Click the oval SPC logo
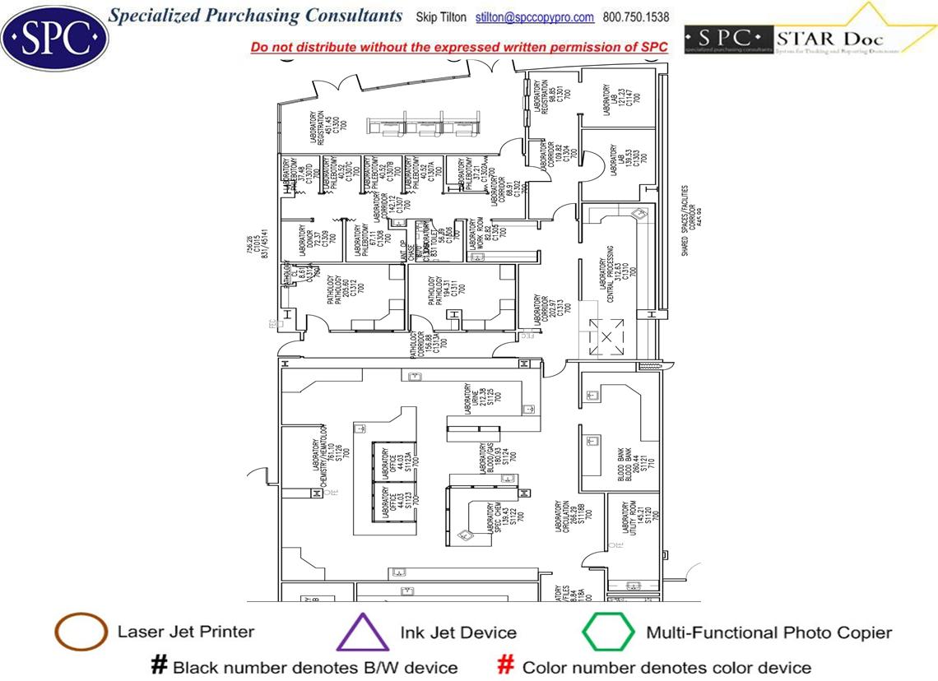[54, 35]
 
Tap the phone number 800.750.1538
[636, 17]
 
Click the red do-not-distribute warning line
[459, 47]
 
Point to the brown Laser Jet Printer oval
[81, 632]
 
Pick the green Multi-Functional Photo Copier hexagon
[608, 632]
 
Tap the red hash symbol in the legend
[507, 665]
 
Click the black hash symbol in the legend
[159, 665]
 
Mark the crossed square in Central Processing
[606, 337]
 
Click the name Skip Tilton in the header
[441, 17]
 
